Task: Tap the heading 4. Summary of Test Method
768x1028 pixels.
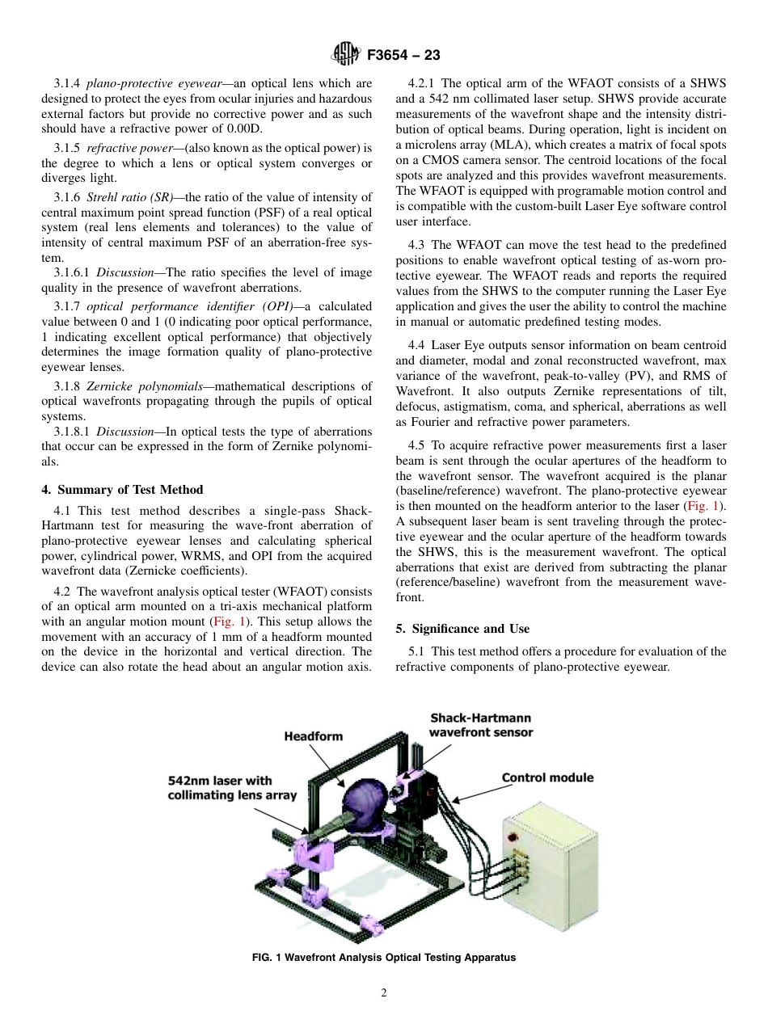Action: pyautogui.click(x=122, y=489)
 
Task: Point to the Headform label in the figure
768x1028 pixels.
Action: pyautogui.click(x=313, y=735)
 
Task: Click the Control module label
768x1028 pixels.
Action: pyautogui.click(x=547, y=777)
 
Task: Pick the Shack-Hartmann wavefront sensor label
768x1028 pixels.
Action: pyautogui.click(x=480, y=725)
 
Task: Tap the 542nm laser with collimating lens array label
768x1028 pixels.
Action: pyautogui.click(x=231, y=788)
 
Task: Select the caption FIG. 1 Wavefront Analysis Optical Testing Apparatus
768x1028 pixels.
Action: pyautogui.click(x=383, y=958)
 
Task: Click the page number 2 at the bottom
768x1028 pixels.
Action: pyautogui.click(x=384, y=993)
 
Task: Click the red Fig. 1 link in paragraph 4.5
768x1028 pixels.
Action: pyautogui.click(x=700, y=506)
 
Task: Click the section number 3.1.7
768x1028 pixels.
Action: pyautogui.click(x=68, y=306)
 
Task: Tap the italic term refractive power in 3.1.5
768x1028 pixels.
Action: pyautogui.click(x=124, y=149)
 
